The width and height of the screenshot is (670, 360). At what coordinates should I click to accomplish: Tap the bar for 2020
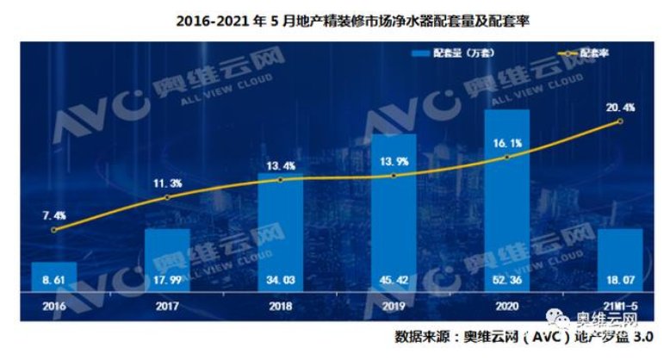pos(507,198)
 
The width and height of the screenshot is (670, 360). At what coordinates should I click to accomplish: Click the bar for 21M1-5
pos(620,258)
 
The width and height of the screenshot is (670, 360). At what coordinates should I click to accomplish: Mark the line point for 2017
pos(167,197)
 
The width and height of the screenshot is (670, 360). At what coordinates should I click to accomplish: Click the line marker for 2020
pos(507,157)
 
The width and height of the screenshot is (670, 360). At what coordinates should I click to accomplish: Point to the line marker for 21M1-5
pos(620,122)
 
